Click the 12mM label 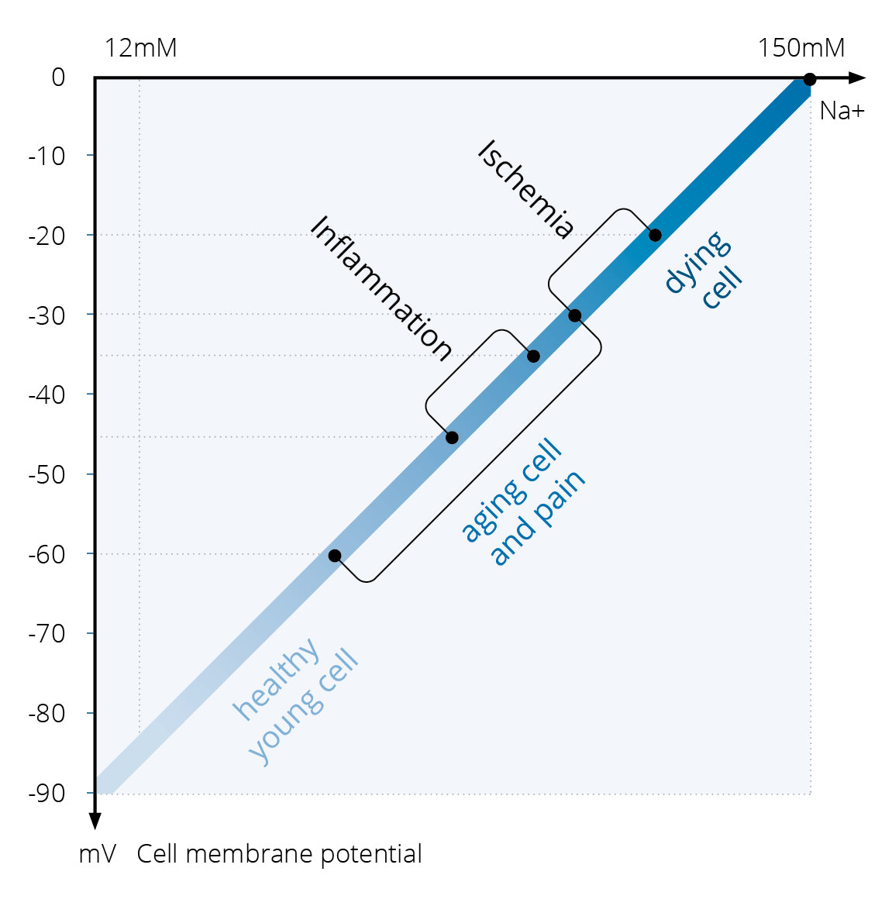coord(140,48)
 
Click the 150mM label coord(801,48)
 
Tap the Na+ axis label coord(841,111)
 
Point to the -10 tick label coord(47,157)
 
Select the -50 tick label coord(47,474)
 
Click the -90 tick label coord(47,793)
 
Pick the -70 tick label coord(47,634)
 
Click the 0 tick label coord(58,78)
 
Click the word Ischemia coord(526,188)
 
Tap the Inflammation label coord(381,288)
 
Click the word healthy coord(277,678)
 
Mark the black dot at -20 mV coord(655,235)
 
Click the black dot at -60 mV coord(335,556)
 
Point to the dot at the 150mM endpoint coord(809,79)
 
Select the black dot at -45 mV coord(452,438)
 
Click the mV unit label coord(98,854)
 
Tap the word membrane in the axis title coord(250,854)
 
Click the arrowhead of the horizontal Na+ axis coord(856,78)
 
